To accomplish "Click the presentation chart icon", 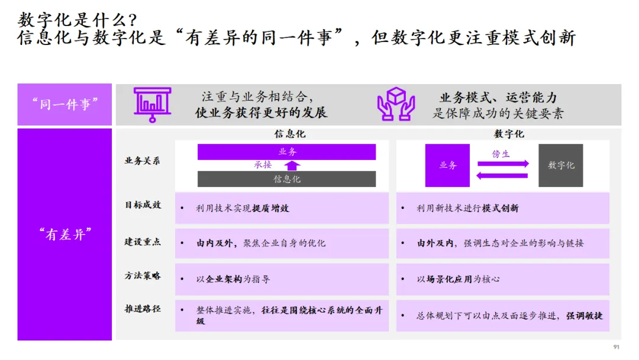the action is tap(152, 104).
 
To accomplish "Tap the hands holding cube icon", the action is tap(396, 104).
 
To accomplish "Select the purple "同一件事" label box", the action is tap(65, 104).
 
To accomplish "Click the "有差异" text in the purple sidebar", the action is tap(65, 234).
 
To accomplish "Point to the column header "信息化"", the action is tap(290, 134).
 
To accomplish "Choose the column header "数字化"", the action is tap(509, 134).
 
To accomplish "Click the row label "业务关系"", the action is tap(143, 160).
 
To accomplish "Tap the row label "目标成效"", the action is tap(143, 205).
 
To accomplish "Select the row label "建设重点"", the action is tap(143, 242).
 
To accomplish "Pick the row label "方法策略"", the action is tap(143, 276).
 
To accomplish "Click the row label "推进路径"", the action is tap(143, 309).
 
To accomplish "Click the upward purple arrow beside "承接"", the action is tap(293, 165).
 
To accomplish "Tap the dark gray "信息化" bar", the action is tap(287, 179).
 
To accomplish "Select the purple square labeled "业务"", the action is tap(447, 166).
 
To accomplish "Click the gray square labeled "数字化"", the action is tap(561, 166).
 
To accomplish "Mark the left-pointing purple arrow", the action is tap(502, 176).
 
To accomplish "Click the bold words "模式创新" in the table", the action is tap(501, 208).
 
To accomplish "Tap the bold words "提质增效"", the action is tap(271, 208).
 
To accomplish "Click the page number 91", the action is tap(616, 347).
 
